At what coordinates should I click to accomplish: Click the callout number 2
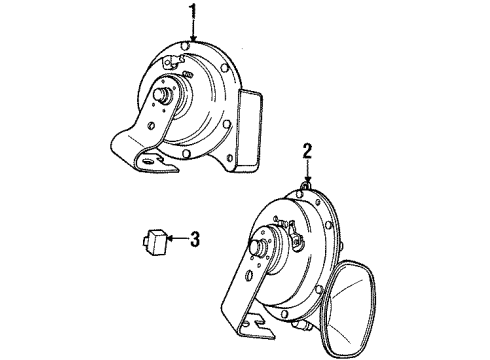[x=308, y=153]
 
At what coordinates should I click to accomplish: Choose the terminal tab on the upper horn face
[x=184, y=72]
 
